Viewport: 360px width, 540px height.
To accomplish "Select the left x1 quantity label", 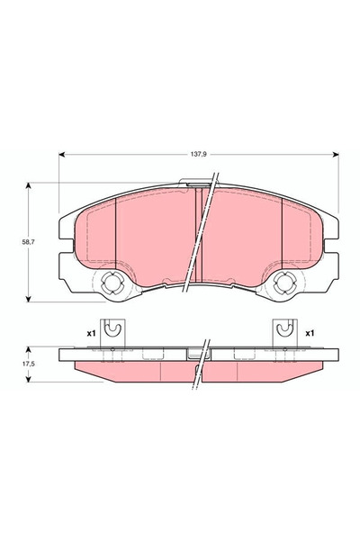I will coord(91,333).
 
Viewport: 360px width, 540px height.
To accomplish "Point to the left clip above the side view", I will coord(110,332).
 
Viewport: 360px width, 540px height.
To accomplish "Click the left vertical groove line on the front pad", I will coord(116,229).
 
